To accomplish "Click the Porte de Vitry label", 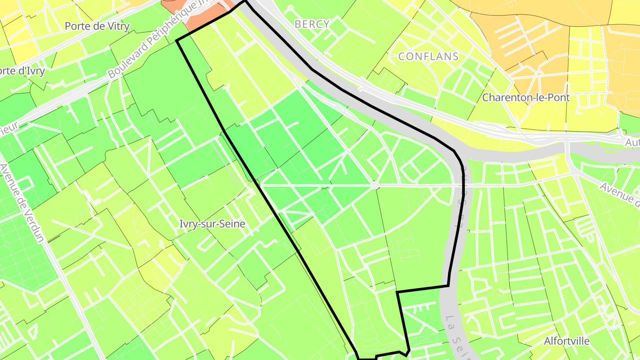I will pos(97,26).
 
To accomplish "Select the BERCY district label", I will pos(312,24).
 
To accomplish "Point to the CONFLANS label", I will pos(428,56).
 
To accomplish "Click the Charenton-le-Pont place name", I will pos(526,97).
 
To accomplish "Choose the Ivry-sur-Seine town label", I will pos(212,224).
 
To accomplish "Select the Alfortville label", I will pos(567,341).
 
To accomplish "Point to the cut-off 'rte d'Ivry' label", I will pos(22,71).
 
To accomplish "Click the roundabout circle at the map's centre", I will pos(375,185).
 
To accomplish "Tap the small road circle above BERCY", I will pos(290,8).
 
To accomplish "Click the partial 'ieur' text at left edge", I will pos(9,126).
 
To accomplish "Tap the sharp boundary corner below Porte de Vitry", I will pos(177,41).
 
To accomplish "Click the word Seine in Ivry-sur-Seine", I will pos(231,224).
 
